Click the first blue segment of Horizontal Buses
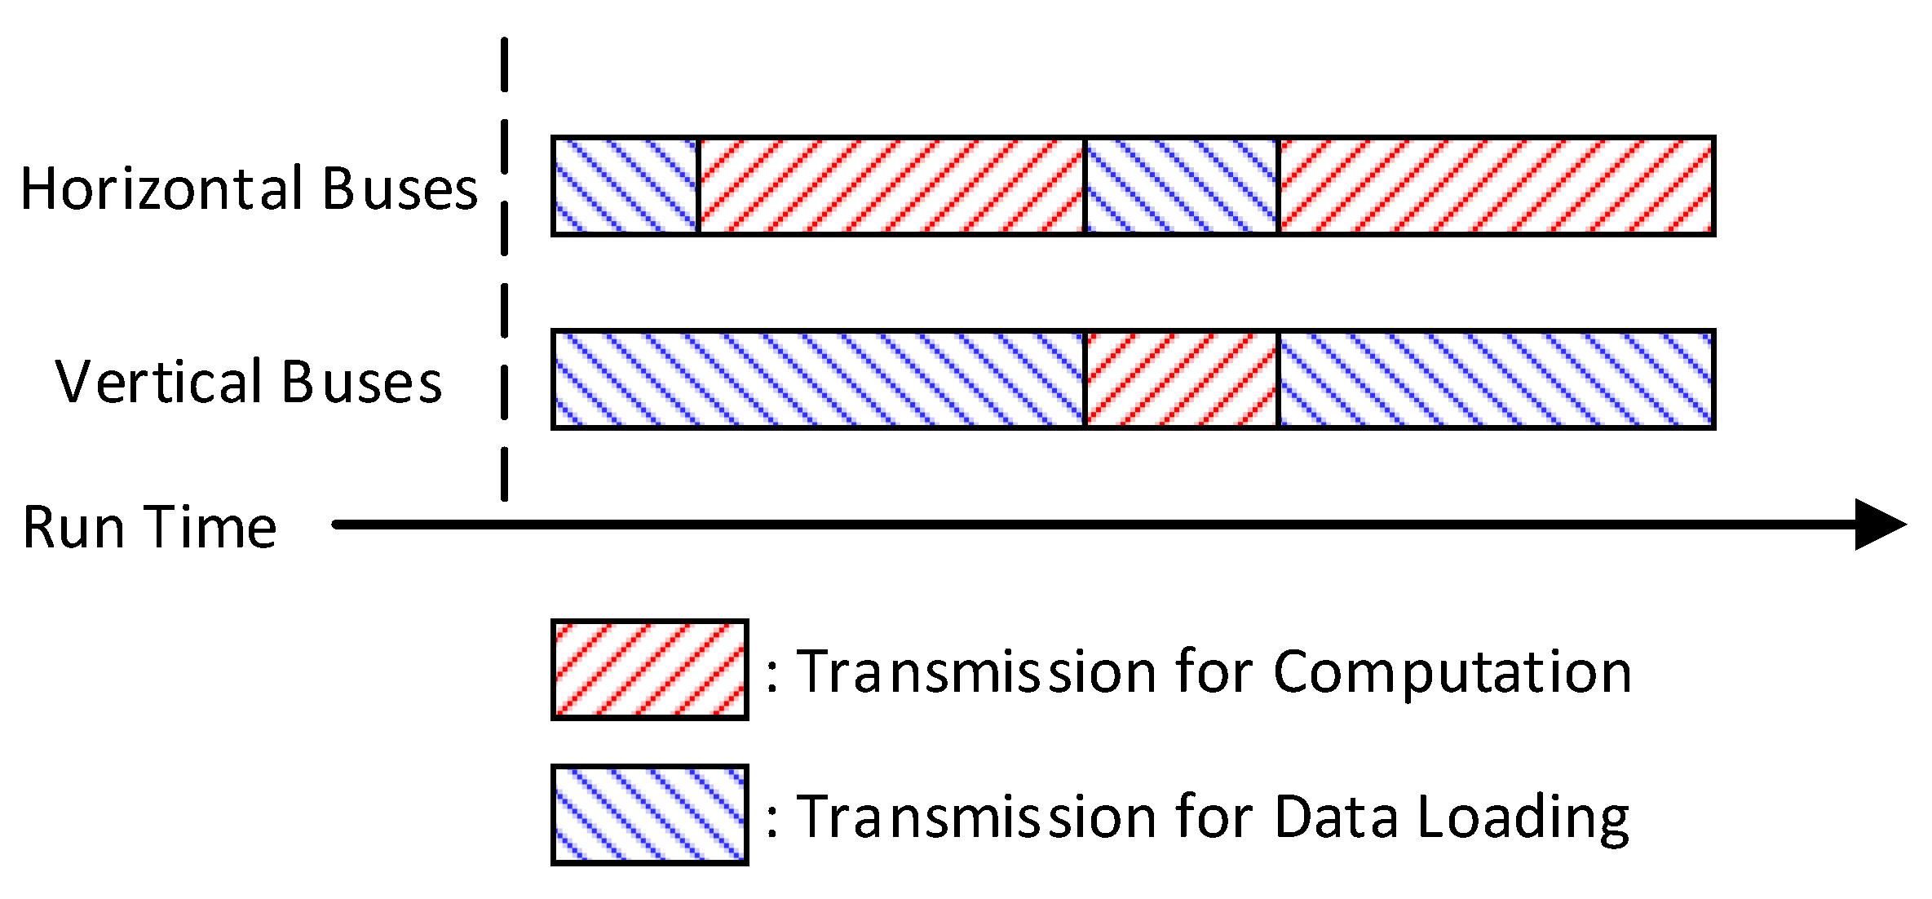(626, 186)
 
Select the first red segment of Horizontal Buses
(891, 186)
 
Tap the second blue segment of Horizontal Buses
(1181, 186)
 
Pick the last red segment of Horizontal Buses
(1496, 186)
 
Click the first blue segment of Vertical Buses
(819, 379)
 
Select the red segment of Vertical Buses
(1181, 379)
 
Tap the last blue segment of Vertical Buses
(1496, 379)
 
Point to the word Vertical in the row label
(159, 382)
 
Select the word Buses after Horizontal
(399, 189)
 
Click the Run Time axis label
(149, 527)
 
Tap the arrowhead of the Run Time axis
(1878, 525)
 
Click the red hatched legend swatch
(649, 670)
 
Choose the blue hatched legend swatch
(649, 815)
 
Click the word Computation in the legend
(1452, 673)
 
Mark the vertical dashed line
(504, 269)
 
